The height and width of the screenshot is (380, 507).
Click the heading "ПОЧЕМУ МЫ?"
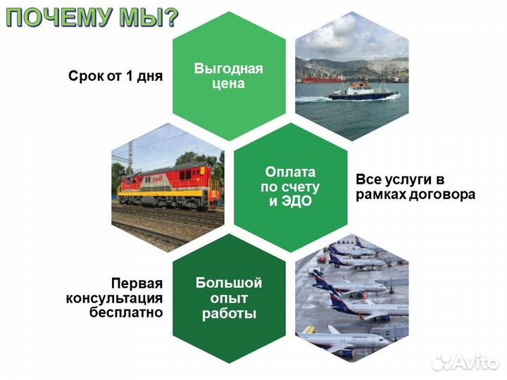pos(92,17)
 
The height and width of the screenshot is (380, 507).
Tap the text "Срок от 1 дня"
pos(115,76)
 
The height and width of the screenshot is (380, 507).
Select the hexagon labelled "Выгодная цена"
pos(228,76)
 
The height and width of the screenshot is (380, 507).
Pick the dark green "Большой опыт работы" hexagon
pos(228,298)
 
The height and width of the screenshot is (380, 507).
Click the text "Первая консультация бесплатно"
pos(114,298)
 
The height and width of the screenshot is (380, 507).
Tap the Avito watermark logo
pos(465,362)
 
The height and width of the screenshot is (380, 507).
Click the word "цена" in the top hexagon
pos(228,84)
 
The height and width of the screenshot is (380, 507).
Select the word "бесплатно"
pos(126,312)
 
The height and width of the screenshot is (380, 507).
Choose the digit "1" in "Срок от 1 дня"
pos(129,76)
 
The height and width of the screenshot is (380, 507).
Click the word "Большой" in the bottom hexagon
pos(228,283)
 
